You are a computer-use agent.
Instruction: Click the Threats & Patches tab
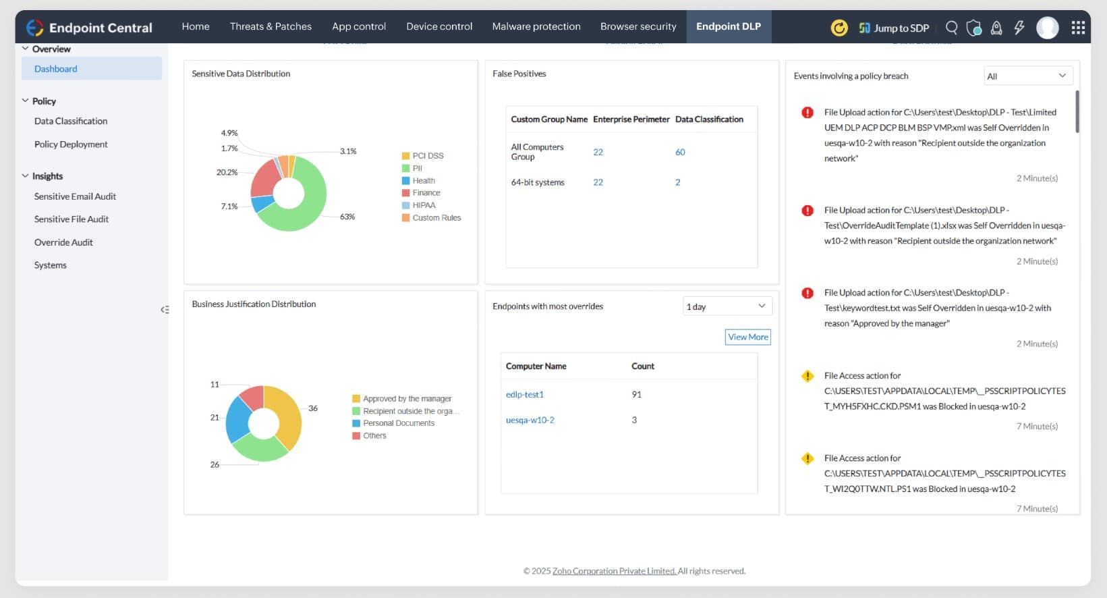[x=271, y=26]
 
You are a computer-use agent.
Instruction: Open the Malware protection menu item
[x=536, y=26]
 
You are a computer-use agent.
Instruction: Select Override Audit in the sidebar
[x=63, y=242]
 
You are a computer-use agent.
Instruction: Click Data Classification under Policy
[x=71, y=121]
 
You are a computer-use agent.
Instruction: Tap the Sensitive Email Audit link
[x=75, y=196]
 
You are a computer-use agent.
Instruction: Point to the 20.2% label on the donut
[x=227, y=172]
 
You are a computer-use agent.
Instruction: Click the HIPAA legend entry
[x=424, y=205]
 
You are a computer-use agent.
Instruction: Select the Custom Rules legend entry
[x=436, y=218]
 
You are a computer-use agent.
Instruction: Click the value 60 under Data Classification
[x=680, y=152]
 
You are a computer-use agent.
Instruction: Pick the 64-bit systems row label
[x=538, y=182]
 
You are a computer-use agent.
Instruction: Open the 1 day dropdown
[x=727, y=306]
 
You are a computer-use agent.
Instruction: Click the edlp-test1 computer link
[x=525, y=394]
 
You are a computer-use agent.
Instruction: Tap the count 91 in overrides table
[x=636, y=394]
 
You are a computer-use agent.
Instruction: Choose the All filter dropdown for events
[x=1027, y=76]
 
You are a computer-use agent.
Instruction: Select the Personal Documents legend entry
[x=398, y=423]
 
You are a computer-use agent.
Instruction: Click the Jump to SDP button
[x=894, y=28]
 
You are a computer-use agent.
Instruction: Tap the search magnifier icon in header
[x=951, y=28]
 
